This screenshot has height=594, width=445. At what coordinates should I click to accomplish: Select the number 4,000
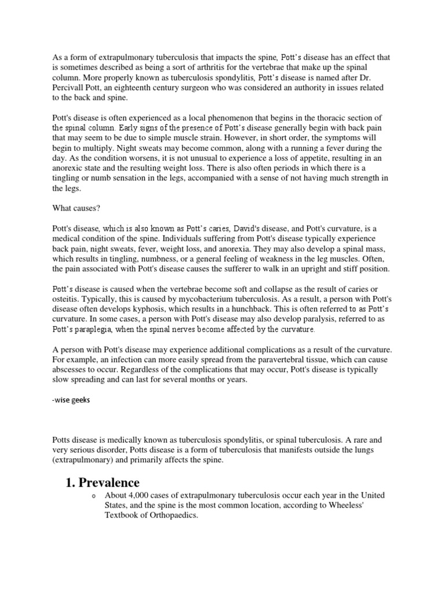pyautogui.click(x=141, y=497)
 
